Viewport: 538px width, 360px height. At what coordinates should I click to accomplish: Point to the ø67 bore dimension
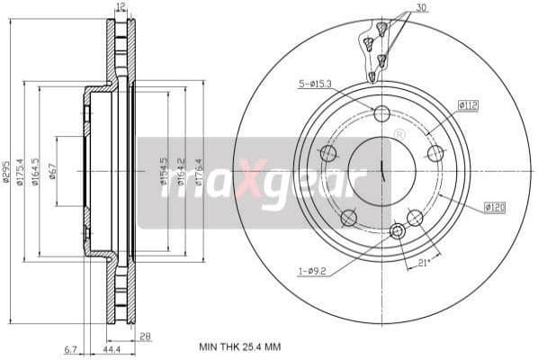pos(53,170)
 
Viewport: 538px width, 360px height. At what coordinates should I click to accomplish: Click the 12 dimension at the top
pos(121,7)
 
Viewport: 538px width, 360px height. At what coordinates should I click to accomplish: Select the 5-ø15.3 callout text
pos(314,85)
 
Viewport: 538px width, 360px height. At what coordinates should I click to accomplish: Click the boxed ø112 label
pos(467,105)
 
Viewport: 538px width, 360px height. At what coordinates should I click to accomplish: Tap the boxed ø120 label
pos(494,207)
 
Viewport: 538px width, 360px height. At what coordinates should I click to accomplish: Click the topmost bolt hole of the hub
pos(381,113)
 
